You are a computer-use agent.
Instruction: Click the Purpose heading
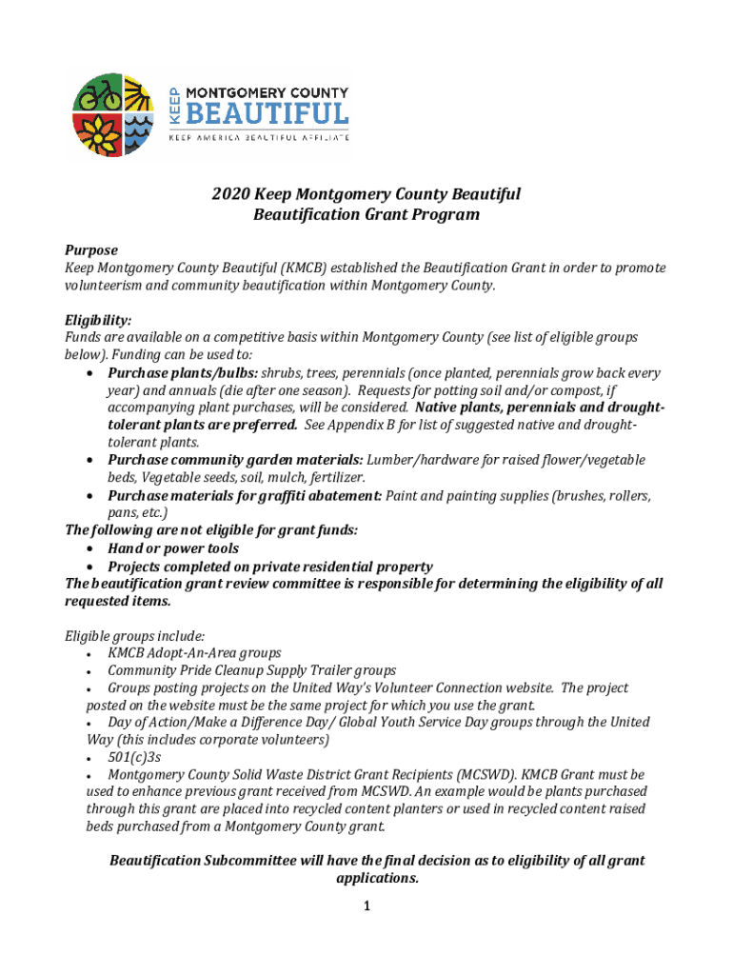coord(91,250)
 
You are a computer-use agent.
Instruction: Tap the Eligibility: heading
coord(98,321)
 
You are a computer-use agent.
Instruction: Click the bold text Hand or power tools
coord(173,548)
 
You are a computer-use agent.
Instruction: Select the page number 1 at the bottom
coord(366,906)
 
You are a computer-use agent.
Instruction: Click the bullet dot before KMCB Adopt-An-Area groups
coord(88,654)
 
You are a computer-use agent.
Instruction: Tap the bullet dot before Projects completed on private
coord(89,567)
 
